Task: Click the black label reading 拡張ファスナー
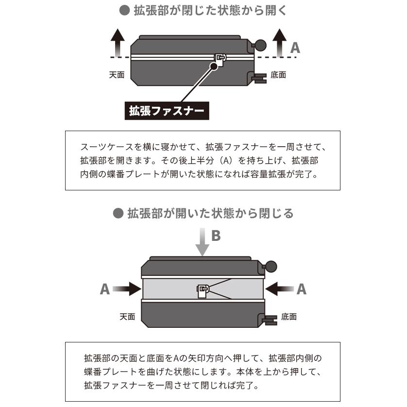(166, 111)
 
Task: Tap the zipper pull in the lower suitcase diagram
(203, 290)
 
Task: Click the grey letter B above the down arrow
(216, 236)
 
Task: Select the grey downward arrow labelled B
(203, 243)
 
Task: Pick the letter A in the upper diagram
(295, 48)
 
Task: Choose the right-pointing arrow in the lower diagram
(128, 290)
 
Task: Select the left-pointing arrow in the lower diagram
(279, 290)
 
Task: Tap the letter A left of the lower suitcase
(105, 289)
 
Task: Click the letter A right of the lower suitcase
(302, 289)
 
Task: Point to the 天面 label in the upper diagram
(117, 75)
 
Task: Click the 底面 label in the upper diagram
(278, 75)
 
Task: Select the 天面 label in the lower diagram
(127, 317)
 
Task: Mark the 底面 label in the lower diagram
(288, 317)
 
